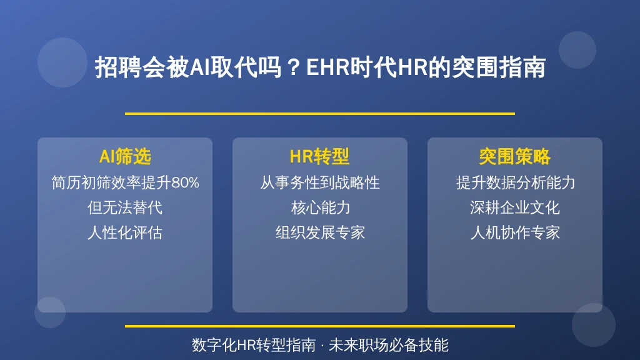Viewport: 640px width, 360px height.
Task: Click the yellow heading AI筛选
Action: (125, 157)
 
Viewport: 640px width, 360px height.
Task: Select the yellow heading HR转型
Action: (319, 157)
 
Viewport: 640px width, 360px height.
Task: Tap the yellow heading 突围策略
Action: (515, 157)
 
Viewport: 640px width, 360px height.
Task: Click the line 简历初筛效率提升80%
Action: (125, 182)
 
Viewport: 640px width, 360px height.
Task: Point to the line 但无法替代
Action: (125, 207)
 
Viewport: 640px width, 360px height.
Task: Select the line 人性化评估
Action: (125, 232)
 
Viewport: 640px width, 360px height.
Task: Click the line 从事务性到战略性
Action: (320, 182)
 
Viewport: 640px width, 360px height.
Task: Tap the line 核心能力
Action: (321, 207)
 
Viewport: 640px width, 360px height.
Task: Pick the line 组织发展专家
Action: (321, 232)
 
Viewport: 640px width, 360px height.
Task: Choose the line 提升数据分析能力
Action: (516, 182)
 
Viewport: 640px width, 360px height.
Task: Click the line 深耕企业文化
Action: (515, 207)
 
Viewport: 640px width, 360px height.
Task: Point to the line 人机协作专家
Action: (515, 232)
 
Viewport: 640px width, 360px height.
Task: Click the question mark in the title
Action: (294, 67)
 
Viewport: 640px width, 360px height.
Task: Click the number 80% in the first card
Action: (185, 182)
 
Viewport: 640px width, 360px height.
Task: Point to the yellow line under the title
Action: (320, 114)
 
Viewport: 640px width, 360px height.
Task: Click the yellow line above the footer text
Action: (320, 326)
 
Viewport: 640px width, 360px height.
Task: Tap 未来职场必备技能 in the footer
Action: (389, 345)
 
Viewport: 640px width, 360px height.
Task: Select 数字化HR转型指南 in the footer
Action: (254, 345)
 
